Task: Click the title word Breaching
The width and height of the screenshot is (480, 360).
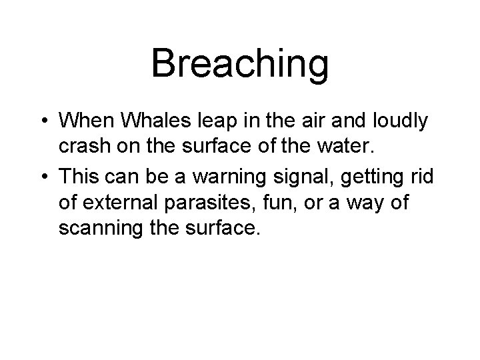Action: (x=240, y=64)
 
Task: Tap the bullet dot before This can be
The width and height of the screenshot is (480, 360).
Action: (x=44, y=176)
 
